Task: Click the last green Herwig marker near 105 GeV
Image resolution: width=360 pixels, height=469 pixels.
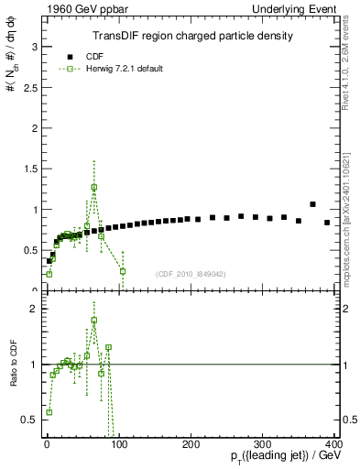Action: (123, 271)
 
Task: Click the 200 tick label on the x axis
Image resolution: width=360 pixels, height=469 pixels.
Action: (191, 442)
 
